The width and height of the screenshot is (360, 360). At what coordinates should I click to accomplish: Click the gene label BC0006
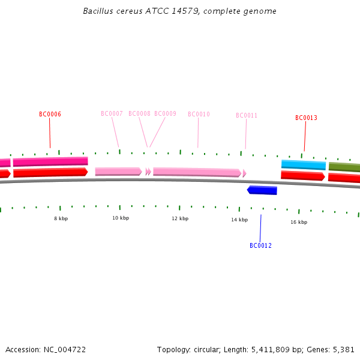point(50,114)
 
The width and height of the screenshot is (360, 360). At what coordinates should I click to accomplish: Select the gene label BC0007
point(112,113)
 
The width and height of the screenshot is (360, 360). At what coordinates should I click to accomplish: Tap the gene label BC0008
point(139,113)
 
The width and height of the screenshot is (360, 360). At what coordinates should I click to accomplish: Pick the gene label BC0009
point(165,113)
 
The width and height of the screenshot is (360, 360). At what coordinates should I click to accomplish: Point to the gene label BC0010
point(199,114)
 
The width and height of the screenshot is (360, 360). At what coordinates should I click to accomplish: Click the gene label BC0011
point(246,115)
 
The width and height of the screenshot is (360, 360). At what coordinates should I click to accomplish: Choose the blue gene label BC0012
point(260,245)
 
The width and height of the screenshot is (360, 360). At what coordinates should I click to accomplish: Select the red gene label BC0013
point(306,118)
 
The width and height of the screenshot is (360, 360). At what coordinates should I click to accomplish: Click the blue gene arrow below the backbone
point(262,190)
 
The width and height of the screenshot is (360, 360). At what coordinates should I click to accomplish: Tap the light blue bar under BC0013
point(304,164)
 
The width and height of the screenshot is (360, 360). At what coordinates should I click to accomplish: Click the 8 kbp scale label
point(61,218)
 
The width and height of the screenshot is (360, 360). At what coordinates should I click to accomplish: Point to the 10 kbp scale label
point(121,218)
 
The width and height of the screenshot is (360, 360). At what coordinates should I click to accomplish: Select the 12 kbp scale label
point(180,218)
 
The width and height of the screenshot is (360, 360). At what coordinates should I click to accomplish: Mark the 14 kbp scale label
point(239,220)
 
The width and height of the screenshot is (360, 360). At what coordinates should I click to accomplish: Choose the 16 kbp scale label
point(299,222)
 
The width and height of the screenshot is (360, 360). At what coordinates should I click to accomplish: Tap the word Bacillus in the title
point(99,11)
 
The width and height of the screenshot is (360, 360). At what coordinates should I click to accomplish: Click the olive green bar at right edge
point(344,167)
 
